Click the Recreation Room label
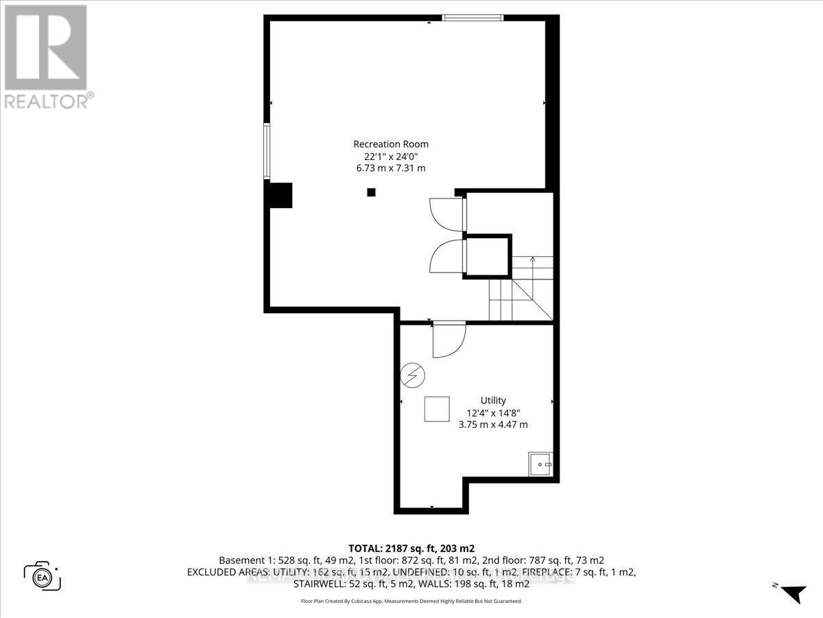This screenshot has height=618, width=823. pos(390,144)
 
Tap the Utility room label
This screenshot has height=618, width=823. pos(493,400)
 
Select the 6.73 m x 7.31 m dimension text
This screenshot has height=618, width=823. pos(390,168)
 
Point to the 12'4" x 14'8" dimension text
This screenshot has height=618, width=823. pos(493,413)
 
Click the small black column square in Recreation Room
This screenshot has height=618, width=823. pos(371,192)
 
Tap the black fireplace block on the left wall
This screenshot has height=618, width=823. pos(280,195)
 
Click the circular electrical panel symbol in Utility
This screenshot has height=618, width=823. pos(414,375)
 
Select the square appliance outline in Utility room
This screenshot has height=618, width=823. pos(437,409)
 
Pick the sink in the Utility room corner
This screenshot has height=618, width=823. pos(540,465)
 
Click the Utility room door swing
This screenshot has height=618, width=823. pos(447,339)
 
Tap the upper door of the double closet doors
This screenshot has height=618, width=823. pos(447,214)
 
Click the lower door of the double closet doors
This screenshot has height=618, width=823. pos(447,255)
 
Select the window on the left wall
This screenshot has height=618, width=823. pos(267,151)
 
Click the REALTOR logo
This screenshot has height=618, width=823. pos(45,55)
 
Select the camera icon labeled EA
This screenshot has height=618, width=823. pos(43,575)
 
